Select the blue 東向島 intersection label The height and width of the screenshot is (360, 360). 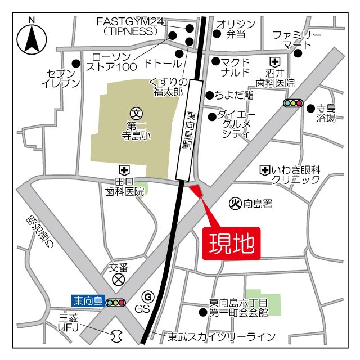coord(88,301)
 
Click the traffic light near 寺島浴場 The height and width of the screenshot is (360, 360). coord(293,103)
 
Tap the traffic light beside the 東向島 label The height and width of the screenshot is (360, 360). coord(115,302)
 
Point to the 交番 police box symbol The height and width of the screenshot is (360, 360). coord(119,278)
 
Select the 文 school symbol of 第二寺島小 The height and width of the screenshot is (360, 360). coord(135,112)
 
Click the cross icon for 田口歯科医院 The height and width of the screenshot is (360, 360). coord(123,169)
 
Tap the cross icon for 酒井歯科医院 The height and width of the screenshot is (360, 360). coord(275,61)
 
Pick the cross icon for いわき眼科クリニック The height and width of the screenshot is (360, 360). coord(264,169)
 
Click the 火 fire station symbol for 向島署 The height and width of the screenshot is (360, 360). coord(236,203)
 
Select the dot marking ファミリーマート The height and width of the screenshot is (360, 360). coord(298,53)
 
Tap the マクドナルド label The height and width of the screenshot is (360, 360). coord(236,67)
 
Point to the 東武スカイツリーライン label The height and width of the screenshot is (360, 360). coord(222,337)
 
